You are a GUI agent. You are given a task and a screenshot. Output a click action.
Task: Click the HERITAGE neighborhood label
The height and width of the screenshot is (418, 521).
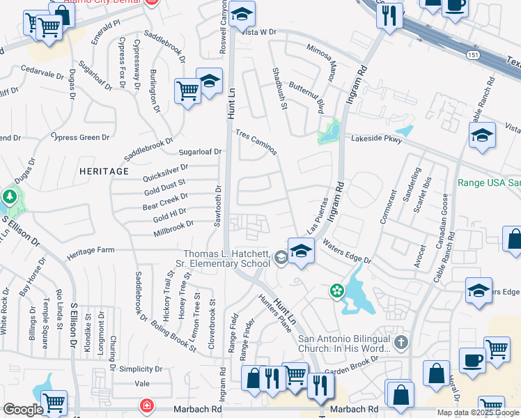tap(104, 171)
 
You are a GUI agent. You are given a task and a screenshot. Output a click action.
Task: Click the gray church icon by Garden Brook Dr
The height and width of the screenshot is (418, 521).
tap(400, 342)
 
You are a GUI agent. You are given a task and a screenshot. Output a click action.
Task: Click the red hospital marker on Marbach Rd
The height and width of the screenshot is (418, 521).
tap(147, 405)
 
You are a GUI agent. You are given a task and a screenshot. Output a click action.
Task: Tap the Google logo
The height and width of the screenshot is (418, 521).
tap(22, 410)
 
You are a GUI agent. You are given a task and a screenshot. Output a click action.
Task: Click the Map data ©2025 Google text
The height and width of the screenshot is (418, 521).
tap(478, 412)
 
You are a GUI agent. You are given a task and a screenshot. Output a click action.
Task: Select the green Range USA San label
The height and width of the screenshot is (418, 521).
tap(489, 183)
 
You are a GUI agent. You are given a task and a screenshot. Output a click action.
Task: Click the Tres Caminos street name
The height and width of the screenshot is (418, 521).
tap(256, 142)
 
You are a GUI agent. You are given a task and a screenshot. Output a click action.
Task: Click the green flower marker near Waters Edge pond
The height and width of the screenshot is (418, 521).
tap(337, 291)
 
